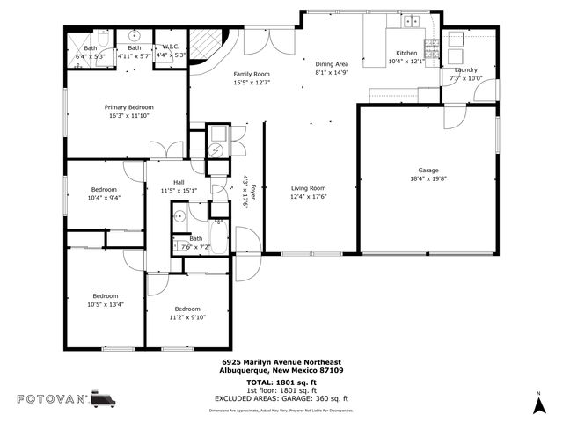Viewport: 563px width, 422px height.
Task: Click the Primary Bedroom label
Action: click(128, 105)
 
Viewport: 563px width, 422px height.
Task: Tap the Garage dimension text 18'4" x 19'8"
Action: click(428, 178)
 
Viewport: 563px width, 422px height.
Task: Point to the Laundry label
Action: click(466, 69)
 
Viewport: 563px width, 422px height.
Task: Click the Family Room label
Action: click(252, 74)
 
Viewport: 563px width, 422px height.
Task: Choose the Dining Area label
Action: click(333, 64)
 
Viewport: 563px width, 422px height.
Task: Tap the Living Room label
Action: click(309, 188)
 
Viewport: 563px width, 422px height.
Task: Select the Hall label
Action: click(179, 182)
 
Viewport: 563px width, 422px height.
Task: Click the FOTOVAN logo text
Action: click(52, 399)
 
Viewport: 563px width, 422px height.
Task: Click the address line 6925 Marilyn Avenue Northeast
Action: click(281, 362)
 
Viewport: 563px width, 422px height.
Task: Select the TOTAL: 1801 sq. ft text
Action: click(281, 382)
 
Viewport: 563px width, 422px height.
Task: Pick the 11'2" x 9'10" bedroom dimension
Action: click(186, 318)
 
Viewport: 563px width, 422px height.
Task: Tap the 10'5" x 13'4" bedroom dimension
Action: click(105, 305)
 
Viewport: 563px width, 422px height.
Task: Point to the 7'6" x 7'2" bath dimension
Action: click(195, 247)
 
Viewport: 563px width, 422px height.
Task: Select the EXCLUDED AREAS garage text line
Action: click(281, 398)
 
